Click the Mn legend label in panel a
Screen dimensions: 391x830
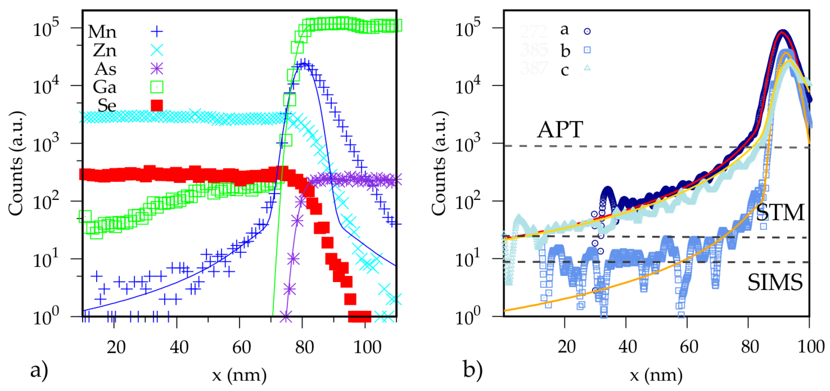pyautogui.click(x=102, y=32)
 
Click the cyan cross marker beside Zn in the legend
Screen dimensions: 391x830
pyautogui.click(x=157, y=50)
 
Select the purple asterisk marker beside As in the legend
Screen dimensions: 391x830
pyautogui.click(x=157, y=69)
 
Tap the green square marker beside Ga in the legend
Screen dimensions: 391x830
pyautogui.click(x=157, y=87)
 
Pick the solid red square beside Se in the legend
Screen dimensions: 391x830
pyautogui.click(x=157, y=105)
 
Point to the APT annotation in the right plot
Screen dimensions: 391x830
pyautogui.click(x=560, y=130)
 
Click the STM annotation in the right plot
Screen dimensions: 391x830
pyautogui.click(x=780, y=213)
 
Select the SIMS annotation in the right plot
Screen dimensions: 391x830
pyautogui.click(x=775, y=282)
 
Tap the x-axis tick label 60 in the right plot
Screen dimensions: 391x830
pyautogui.click(x=689, y=347)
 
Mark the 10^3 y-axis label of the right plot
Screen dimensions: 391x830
pyautogui.click(x=468, y=144)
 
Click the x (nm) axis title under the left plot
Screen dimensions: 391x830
pyautogui.click(x=239, y=375)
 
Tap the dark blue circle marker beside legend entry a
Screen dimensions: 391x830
pyautogui.click(x=587, y=31)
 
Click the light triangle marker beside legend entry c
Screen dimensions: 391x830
pyautogui.click(x=587, y=68)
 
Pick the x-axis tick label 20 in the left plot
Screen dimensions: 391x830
pyautogui.click(x=116, y=348)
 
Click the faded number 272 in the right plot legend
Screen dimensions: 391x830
pyautogui.click(x=534, y=32)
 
